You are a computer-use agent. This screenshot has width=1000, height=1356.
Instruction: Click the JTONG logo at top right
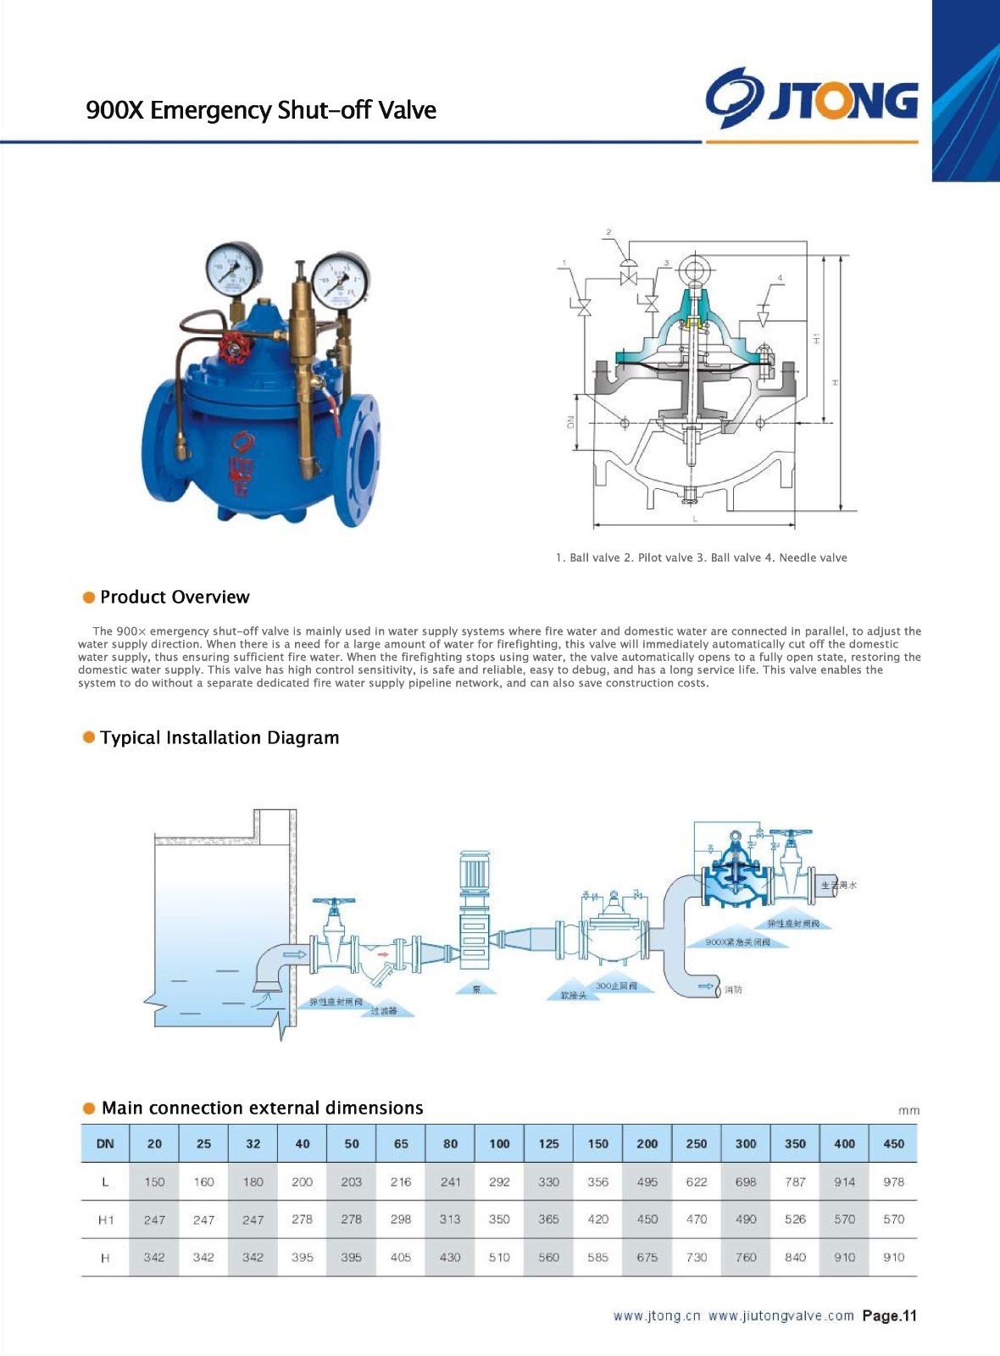click(x=812, y=99)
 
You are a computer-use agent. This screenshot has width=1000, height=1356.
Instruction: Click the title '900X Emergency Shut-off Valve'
click(x=261, y=110)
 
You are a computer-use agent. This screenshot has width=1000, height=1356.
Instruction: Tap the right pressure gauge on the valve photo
click(x=341, y=281)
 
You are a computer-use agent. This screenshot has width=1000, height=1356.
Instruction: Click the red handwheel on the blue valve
click(x=233, y=348)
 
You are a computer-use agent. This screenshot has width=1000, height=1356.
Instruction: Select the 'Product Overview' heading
click(x=175, y=597)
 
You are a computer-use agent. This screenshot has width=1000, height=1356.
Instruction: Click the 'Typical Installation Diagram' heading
click(x=219, y=738)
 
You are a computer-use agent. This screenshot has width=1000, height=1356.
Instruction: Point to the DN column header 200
click(x=647, y=1143)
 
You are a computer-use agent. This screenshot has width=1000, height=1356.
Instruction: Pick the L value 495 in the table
click(x=647, y=1181)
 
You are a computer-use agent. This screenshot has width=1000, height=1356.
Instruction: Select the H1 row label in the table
click(x=105, y=1220)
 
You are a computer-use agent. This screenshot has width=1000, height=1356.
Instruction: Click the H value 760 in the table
click(x=746, y=1257)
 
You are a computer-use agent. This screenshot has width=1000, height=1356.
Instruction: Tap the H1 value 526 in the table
click(x=795, y=1220)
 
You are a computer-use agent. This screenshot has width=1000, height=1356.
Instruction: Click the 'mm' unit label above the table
click(x=908, y=1110)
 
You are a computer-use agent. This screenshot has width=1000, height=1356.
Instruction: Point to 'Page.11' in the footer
click(x=889, y=1316)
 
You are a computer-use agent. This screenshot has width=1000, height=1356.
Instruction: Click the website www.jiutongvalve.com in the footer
click(x=781, y=1316)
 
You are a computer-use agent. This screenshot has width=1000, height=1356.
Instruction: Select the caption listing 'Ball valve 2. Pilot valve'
click(x=701, y=558)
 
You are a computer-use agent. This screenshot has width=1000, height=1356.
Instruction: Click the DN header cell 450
click(x=893, y=1143)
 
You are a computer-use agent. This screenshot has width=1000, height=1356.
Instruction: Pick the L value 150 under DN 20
click(x=154, y=1181)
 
